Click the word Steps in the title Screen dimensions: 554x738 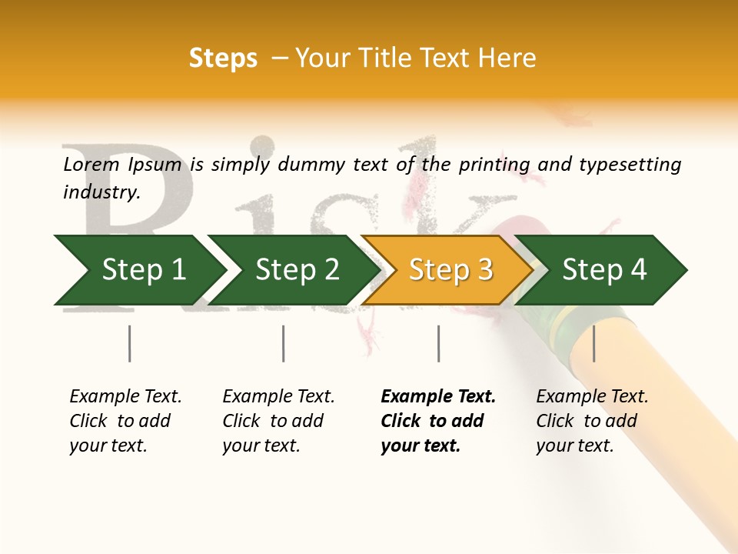[223, 58]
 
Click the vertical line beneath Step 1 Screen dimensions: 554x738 [129, 343]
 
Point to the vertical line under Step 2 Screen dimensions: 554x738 [283, 343]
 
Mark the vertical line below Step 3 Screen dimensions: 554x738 [438, 343]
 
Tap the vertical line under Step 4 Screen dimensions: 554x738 [593, 343]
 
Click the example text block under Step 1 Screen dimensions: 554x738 [125, 421]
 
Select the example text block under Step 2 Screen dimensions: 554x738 [278, 421]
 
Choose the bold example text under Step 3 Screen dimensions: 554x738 [438, 421]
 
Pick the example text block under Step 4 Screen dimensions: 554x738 [592, 421]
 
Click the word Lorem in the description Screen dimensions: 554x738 [91, 164]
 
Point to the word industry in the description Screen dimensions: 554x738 [101, 192]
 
